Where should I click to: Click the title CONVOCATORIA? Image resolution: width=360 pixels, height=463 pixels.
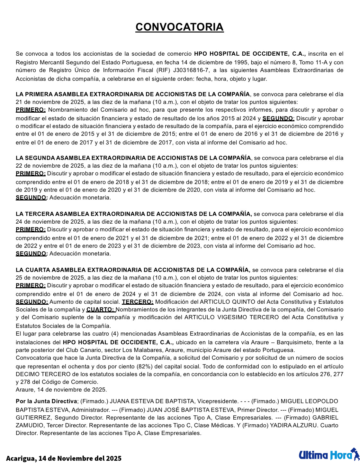coord(179,27)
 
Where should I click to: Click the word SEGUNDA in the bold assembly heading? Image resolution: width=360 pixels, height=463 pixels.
coord(40,158)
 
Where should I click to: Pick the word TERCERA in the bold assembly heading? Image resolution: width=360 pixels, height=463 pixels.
coord(40,214)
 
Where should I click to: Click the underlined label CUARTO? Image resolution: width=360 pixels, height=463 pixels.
coord(101,310)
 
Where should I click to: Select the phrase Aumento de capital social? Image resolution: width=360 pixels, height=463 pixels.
coord(85,302)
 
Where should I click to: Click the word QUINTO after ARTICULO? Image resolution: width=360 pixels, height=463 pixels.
coord(242,302)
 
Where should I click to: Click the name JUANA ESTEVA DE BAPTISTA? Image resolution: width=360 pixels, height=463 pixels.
coord(152,401)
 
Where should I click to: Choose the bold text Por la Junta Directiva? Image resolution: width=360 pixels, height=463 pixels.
coord(46,401)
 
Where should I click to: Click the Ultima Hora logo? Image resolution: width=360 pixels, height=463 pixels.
coord(328,455)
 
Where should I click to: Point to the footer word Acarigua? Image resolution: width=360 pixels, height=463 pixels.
coord(21,458)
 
